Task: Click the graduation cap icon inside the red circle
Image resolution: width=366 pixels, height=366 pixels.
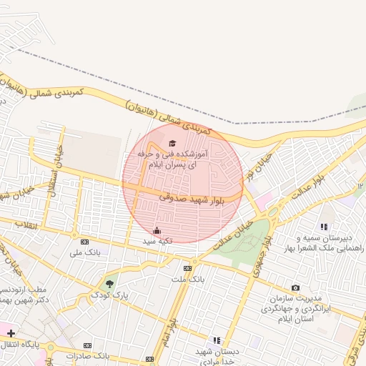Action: pos(172,143)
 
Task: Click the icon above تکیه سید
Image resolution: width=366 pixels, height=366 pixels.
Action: pos(157,230)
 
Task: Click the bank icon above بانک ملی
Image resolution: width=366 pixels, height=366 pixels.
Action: pos(84,242)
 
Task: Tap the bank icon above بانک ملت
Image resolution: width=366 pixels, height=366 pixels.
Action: pos(187,268)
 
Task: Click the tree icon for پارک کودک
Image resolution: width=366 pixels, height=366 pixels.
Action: pos(109,284)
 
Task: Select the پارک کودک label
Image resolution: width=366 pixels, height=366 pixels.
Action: pos(112,295)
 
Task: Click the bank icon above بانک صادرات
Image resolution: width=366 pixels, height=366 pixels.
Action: pos(87,345)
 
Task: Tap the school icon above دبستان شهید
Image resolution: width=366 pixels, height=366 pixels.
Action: pos(217,340)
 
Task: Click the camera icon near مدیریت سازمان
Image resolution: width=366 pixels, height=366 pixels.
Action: pos(296,287)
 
